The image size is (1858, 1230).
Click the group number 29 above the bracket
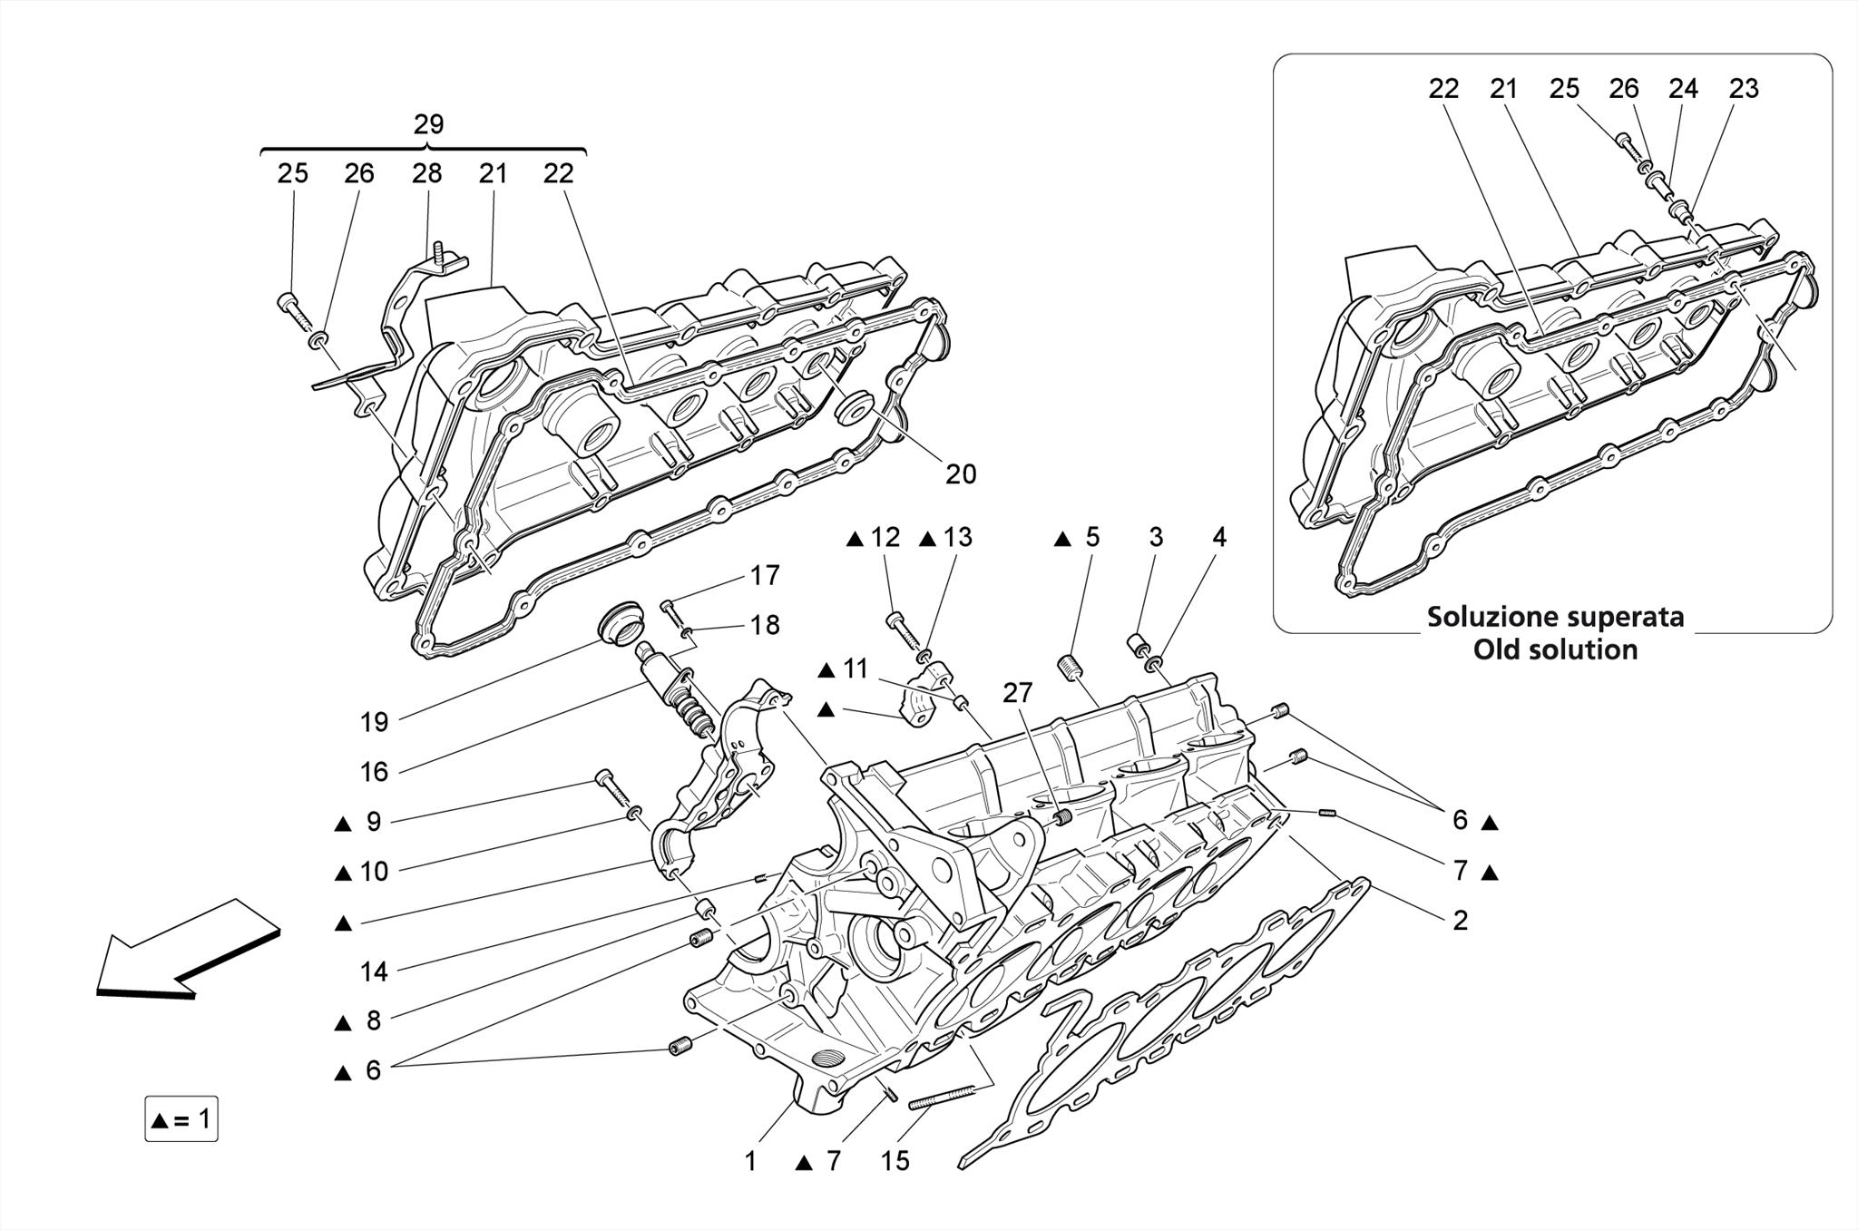428,124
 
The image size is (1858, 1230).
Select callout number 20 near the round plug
960,473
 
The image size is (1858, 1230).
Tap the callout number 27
1017,693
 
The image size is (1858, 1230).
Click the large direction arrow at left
186,949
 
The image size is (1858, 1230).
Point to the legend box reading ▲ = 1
181,1119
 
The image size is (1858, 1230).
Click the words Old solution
1555,649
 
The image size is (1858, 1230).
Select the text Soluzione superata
1555,617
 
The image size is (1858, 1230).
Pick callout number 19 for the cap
374,722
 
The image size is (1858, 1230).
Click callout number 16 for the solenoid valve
374,772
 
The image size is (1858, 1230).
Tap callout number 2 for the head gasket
1460,920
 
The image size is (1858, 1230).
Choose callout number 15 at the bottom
895,1161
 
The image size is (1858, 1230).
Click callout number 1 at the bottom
750,1161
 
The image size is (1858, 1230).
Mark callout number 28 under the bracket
426,173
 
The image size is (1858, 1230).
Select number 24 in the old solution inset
1683,89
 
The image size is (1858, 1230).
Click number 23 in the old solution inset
1744,89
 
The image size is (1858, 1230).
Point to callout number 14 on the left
374,971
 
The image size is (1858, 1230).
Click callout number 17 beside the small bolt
765,575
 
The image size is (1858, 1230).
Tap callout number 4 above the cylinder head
1219,537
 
